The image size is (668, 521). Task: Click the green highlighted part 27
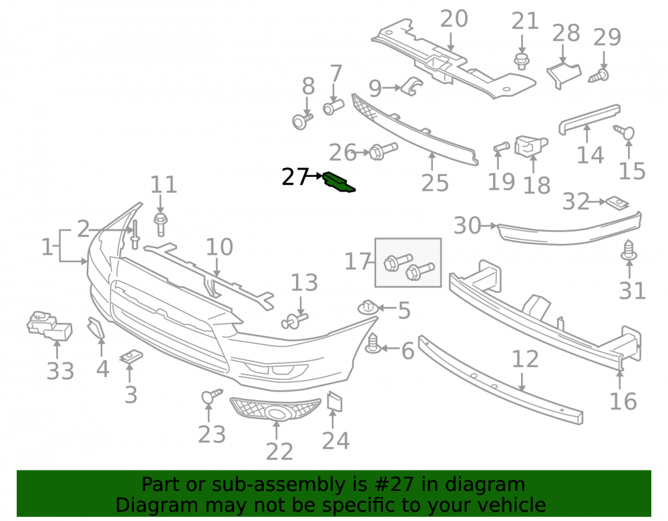point(339,183)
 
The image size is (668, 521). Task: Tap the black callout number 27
point(295,177)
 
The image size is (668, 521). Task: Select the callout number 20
point(454,19)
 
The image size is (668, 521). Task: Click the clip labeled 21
point(522,61)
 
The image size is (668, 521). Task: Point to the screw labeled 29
point(599,75)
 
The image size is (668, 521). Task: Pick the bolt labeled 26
point(383,151)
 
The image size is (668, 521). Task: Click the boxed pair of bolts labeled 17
point(408,262)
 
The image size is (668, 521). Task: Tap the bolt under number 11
point(160,224)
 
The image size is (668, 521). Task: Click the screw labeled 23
point(211,396)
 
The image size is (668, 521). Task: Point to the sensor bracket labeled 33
point(49,326)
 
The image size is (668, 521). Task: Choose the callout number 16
point(623,402)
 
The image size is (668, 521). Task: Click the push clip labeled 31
point(629,251)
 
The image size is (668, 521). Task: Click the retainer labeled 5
point(369,307)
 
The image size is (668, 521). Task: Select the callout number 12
point(525,360)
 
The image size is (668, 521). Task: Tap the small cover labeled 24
point(335,402)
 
